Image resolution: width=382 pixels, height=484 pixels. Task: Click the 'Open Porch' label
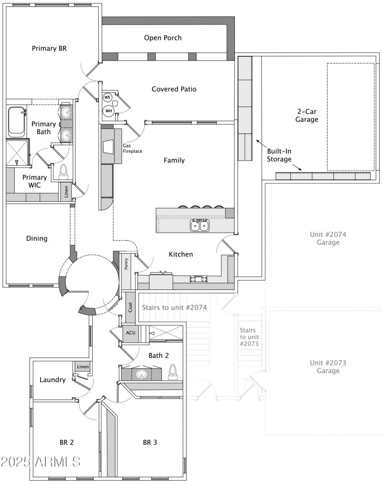(163, 38)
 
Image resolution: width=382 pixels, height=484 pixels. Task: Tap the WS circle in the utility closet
(107, 97)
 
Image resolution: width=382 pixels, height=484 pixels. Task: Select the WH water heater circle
(108, 111)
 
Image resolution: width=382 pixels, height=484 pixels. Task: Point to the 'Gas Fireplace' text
(133, 148)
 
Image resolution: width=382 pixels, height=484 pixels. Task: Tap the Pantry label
(127, 264)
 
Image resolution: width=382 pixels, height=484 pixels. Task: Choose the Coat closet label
(130, 308)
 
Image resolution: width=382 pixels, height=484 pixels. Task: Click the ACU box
(130, 333)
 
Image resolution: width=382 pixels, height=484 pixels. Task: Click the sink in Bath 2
(141, 374)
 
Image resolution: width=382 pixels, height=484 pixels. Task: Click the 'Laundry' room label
(53, 380)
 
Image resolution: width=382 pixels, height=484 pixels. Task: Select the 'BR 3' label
(150, 442)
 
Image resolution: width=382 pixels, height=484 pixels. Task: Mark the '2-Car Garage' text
(307, 115)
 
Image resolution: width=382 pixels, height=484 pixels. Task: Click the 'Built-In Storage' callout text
(279, 155)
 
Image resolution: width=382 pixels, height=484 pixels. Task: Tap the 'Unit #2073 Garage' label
(328, 366)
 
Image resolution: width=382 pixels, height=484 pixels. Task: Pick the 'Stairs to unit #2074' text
(174, 307)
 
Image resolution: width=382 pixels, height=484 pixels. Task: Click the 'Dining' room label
(37, 238)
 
